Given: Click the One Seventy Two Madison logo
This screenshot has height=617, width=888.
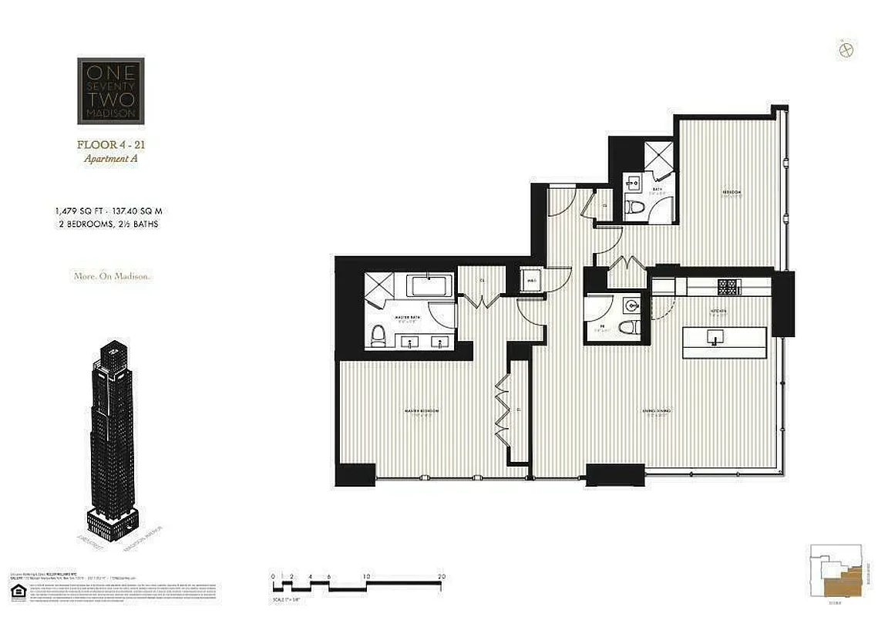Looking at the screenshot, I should [x=110, y=91].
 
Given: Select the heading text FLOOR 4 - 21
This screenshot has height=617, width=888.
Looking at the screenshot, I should [x=110, y=144].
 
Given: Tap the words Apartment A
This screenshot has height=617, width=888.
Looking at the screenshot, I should [x=110, y=159].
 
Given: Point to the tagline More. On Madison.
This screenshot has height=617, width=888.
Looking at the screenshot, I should [x=110, y=276].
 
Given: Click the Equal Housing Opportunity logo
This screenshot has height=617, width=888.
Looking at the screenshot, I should [x=16, y=592].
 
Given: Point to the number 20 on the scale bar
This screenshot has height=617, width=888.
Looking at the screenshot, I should [x=441, y=576].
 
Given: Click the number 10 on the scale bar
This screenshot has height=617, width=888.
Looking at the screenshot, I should [x=365, y=576].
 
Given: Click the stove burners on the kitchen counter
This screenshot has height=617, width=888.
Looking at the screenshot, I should [x=728, y=287].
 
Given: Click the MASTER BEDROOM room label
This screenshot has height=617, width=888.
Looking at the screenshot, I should [x=421, y=411].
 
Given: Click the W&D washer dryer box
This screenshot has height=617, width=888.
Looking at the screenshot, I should [x=532, y=279].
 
